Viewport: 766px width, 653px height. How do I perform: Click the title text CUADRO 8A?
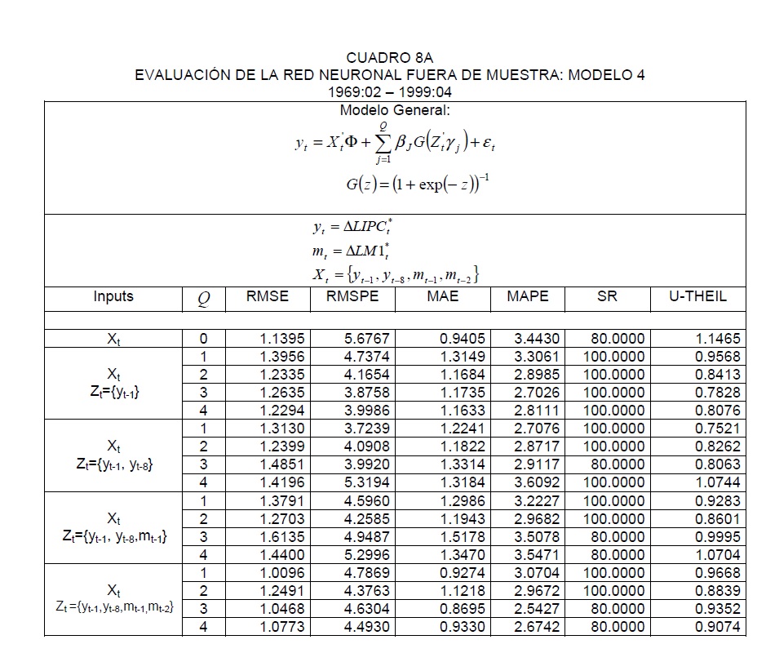[389, 58]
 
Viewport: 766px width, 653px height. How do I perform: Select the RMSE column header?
[267, 297]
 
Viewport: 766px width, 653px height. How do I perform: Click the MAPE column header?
[528, 297]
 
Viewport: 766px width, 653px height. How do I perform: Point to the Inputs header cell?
[113, 297]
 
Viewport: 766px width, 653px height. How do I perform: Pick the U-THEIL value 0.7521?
[718, 429]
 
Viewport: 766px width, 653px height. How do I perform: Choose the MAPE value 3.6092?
[538, 482]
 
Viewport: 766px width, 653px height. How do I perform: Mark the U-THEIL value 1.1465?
[718, 339]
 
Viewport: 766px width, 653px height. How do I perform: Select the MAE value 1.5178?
[462, 537]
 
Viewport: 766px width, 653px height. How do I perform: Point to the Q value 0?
[204, 339]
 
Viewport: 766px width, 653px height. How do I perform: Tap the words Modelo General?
[395, 110]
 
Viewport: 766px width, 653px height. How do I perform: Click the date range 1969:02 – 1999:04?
[390, 92]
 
